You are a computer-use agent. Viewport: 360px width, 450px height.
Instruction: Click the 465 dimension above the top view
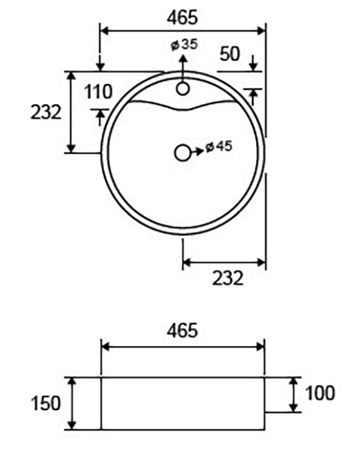[182, 17]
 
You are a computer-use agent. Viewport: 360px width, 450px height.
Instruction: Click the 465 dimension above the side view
[182, 330]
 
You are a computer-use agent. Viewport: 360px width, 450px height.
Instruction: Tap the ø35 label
[184, 45]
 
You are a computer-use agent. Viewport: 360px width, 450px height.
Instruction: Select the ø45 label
[219, 147]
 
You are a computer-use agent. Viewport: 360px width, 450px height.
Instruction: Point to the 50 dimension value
[229, 54]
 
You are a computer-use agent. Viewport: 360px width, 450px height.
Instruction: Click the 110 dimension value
[98, 92]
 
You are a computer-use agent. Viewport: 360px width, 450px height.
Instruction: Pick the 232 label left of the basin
[46, 112]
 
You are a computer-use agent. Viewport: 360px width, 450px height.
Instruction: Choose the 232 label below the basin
[227, 278]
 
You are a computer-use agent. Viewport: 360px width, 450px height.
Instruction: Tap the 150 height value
[46, 403]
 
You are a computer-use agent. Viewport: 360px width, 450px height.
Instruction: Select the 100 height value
[320, 393]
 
